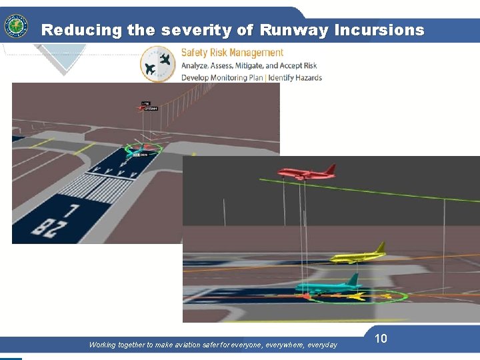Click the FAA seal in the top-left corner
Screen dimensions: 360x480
tap(16, 27)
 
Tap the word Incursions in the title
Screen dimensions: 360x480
tap(379, 30)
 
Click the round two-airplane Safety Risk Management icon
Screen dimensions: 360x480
tap(158, 64)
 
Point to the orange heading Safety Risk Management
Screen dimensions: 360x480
tap(232, 53)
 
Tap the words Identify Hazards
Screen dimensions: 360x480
tap(295, 77)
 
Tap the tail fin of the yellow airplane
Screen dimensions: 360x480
tap(380, 248)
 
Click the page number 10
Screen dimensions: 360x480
tap(381, 339)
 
